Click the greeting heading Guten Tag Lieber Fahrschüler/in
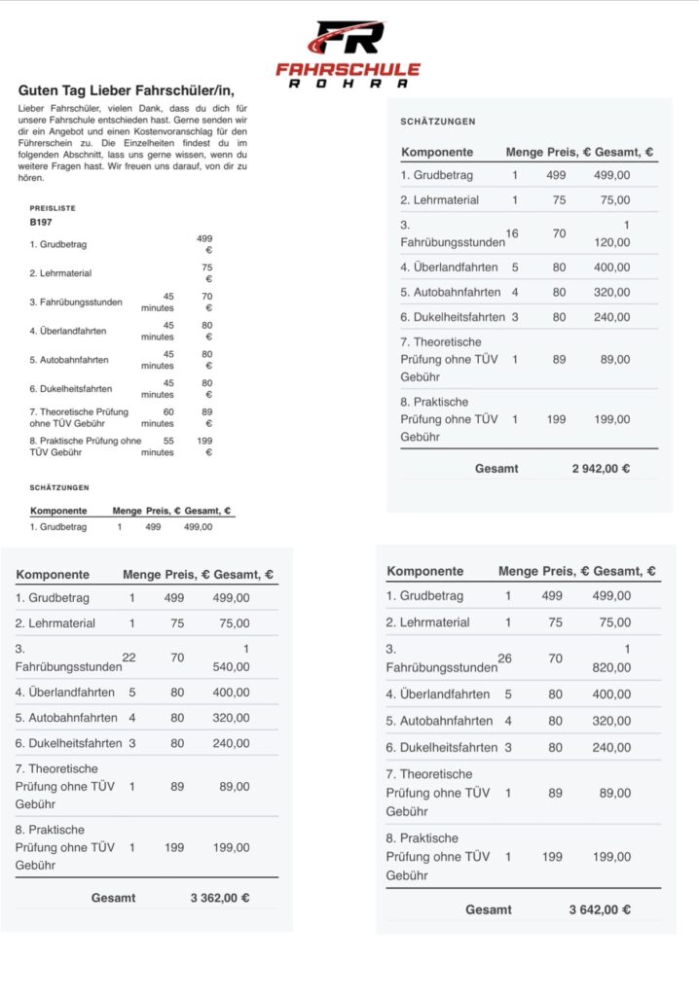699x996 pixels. (127, 90)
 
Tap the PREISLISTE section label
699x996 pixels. (53, 208)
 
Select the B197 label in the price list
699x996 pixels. (41, 222)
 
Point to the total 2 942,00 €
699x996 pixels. (601, 469)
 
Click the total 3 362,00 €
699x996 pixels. (220, 898)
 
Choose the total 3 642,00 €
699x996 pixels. (600, 910)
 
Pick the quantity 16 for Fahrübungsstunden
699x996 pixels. (512, 234)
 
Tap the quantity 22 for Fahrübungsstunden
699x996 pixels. (129, 658)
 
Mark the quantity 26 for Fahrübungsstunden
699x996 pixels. (504, 658)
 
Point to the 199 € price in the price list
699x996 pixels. (203, 446)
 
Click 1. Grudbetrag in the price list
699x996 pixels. (58, 244)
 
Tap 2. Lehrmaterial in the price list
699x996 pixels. (60, 273)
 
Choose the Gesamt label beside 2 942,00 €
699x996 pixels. (497, 469)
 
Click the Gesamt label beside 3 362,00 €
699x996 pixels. (114, 898)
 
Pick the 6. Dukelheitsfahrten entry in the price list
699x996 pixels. (70, 389)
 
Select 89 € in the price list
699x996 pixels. (205, 417)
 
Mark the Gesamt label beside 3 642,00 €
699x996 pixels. (489, 910)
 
